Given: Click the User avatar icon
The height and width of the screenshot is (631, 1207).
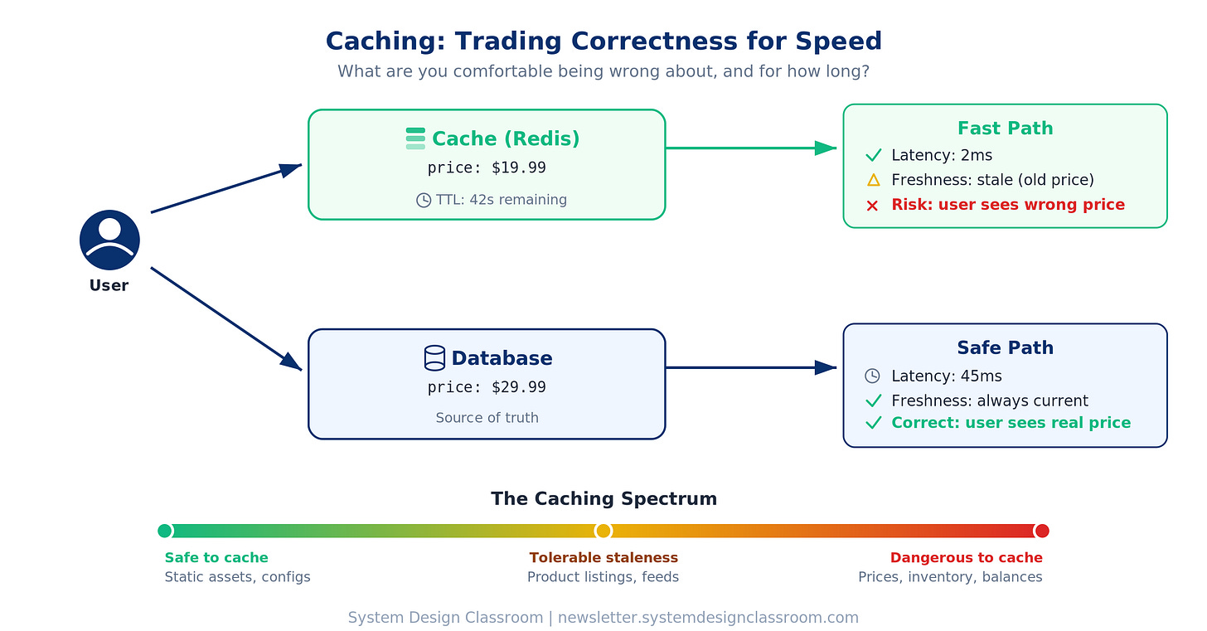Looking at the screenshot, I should point(109,240).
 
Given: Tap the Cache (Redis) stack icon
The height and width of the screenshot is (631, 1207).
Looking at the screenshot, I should point(415,138).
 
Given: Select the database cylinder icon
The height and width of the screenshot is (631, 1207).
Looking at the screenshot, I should point(434,357).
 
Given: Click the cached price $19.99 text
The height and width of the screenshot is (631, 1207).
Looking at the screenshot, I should point(487,168).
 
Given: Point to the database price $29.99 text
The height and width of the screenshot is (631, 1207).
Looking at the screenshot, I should point(487,387).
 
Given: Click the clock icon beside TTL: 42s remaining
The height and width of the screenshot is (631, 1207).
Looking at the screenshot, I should point(424,200).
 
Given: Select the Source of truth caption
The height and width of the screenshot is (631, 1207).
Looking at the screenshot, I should point(487,418).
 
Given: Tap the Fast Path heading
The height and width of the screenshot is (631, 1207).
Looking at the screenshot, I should point(1005,129).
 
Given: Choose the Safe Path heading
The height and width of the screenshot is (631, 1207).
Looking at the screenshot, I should point(1005,347).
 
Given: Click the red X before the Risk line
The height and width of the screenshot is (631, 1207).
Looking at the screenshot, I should point(872,205).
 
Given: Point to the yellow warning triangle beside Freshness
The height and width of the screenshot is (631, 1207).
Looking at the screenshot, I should point(873,180).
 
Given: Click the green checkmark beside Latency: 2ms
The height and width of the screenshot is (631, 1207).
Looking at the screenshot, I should point(873,155).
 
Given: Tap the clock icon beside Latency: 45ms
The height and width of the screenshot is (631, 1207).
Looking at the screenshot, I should point(872,376).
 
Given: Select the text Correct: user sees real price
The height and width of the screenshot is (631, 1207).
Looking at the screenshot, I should point(1011,423).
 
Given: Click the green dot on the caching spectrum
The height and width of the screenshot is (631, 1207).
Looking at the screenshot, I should point(165,531).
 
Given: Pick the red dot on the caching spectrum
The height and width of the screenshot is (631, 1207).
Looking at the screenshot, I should point(1042,531).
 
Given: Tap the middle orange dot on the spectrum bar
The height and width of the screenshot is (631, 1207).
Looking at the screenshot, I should point(603,531).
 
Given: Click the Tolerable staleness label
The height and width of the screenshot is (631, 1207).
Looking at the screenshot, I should point(603,558).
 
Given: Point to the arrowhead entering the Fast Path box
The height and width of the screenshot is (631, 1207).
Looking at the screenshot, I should point(826,148).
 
